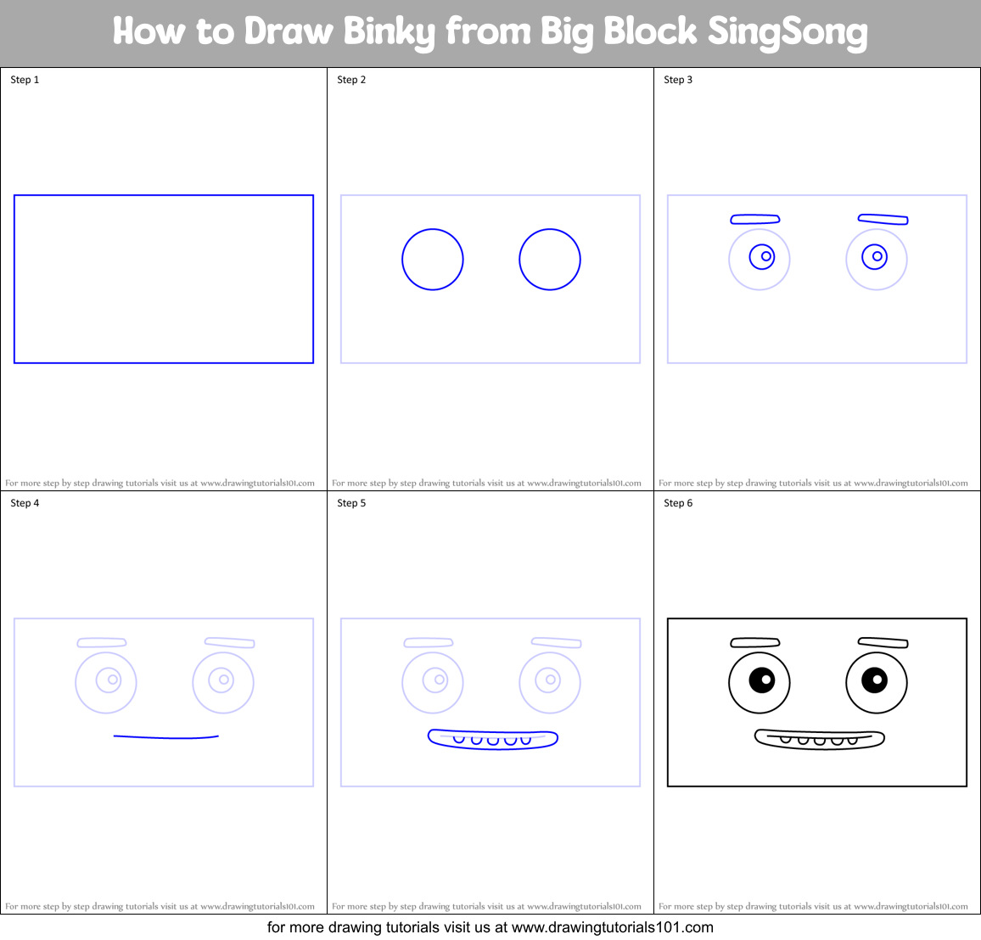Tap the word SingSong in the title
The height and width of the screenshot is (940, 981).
[x=787, y=32]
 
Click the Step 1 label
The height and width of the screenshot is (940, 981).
[x=25, y=80]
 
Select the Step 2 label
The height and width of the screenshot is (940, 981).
[x=351, y=80]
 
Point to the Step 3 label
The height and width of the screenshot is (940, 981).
[x=678, y=80]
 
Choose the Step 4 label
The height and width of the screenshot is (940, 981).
[x=25, y=503]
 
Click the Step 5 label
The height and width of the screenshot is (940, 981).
[x=351, y=503]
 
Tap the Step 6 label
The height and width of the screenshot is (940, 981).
[x=678, y=503]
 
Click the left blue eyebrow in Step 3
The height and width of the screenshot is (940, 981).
[x=755, y=220]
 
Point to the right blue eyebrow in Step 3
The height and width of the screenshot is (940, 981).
[x=883, y=220]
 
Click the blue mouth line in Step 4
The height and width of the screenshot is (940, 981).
[x=166, y=737]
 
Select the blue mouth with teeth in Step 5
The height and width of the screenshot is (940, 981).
[x=493, y=739]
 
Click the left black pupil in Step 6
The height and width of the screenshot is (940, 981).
[x=761, y=680]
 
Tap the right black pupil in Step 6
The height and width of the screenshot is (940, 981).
[x=874, y=680]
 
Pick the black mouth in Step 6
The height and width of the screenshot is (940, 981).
[x=820, y=739]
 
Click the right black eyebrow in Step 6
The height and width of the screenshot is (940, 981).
[x=883, y=643]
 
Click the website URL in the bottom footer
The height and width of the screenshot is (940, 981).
[x=612, y=927]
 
